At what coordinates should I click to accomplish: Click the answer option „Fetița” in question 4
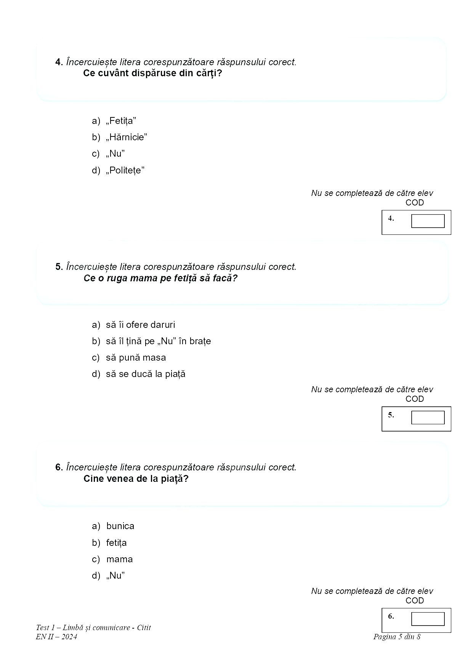point(121,121)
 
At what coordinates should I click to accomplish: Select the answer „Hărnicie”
point(126,137)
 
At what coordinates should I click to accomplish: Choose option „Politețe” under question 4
point(125,170)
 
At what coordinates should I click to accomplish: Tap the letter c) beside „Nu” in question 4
point(96,154)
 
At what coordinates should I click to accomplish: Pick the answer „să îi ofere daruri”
point(140,325)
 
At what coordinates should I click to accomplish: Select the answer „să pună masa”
point(136,358)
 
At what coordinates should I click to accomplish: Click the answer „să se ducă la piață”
point(146,374)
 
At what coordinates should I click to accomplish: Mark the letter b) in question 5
point(96,341)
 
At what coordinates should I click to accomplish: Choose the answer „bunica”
point(120,526)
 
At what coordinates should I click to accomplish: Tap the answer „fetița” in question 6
point(116,543)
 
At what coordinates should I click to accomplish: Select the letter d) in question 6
point(96,576)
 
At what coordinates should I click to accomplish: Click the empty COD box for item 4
point(428,221)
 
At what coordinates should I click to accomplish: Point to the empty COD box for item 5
point(428,417)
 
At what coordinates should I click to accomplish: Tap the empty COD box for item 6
point(428,619)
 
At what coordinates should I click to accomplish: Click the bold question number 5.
point(59,267)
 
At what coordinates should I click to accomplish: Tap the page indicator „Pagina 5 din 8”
point(396,637)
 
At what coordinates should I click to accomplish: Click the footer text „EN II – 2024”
point(56,637)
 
